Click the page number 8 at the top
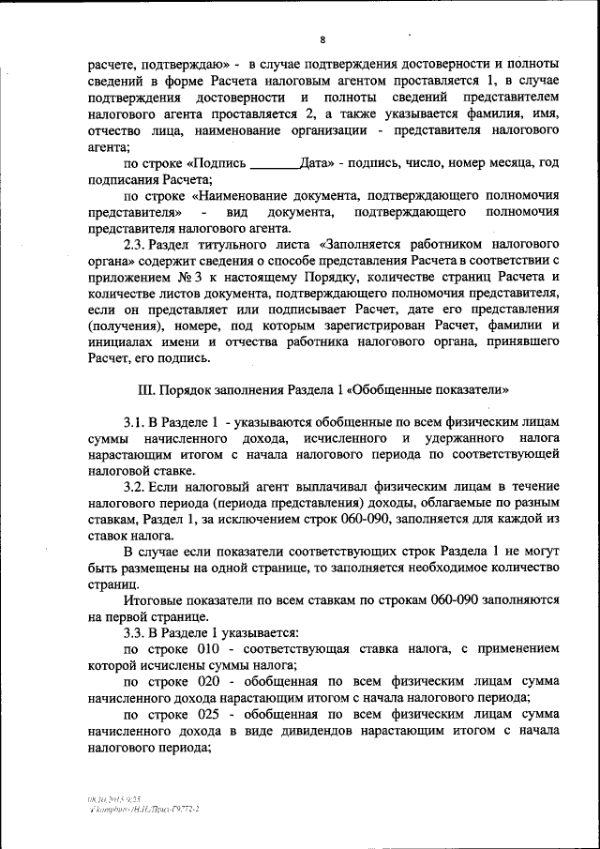click(322, 39)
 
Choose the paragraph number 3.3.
click(137, 632)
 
